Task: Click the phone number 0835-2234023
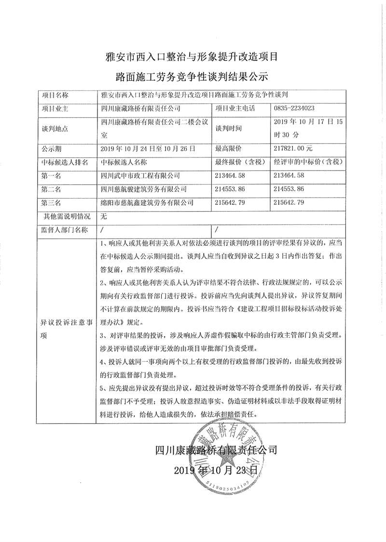pyautogui.click(x=294, y=108)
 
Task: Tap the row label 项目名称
pyautogui.click(x=55, y=94)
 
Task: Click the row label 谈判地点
pyautogui.click(x=55, y=128)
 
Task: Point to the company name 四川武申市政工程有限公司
pyautogui.click(x=139, y=175)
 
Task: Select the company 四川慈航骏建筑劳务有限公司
pyautogui.click(x=143, y=189)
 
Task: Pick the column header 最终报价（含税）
pyautogui.click(x=239, y=162)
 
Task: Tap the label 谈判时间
pyautogui.click(x=229, y=128)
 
